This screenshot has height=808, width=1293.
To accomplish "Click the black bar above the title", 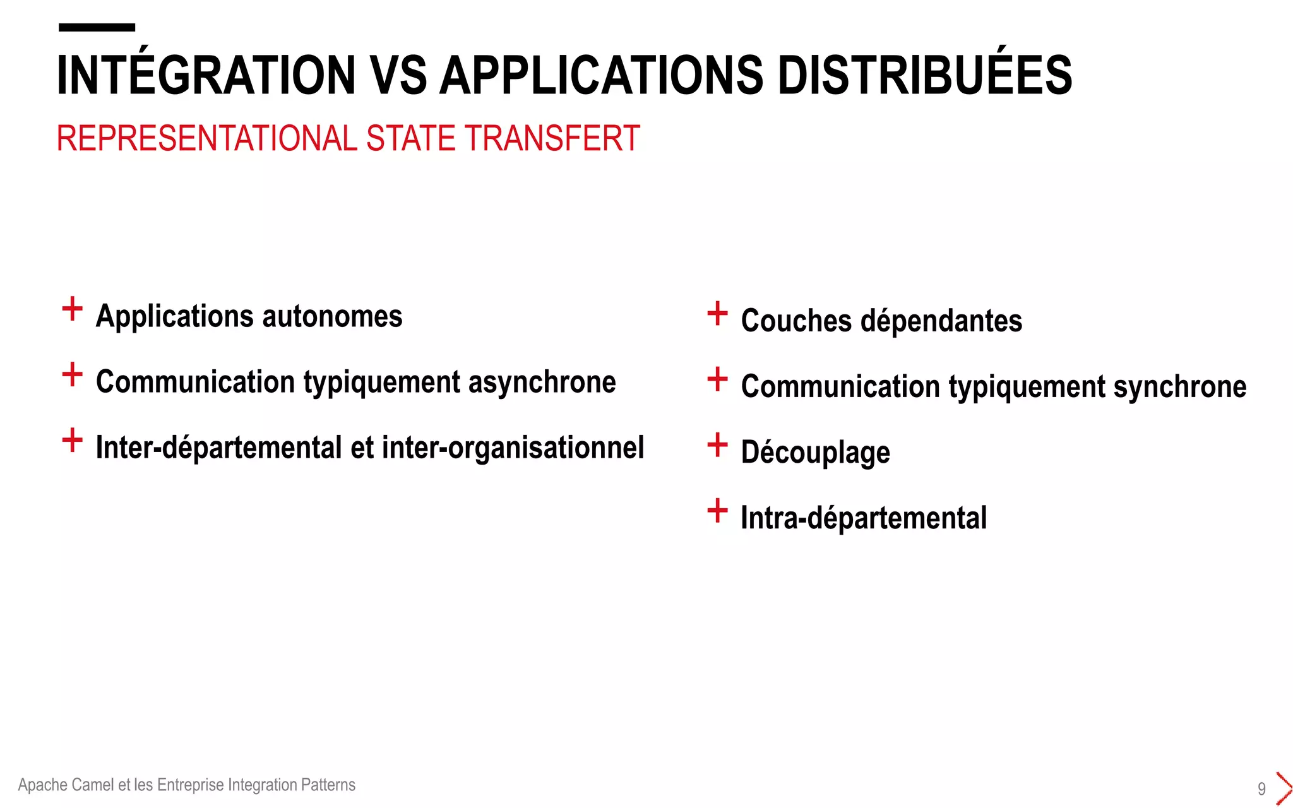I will pyautogui.click(x=97, y=27).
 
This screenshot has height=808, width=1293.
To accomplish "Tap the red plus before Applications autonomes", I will pyautogui.click(x=73, y=309).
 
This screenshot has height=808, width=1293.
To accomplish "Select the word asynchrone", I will pyautogui.click(x=542, y=382).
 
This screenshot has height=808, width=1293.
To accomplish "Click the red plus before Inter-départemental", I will pyautogui.click(x=73, y=441).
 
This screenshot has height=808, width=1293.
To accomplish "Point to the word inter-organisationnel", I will pyautogui.click(x=513, y=448).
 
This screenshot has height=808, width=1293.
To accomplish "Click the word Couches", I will pyautogui.click(x=796, y=321).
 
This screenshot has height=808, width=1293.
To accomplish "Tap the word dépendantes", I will pyautogui.click(x=941, y=321).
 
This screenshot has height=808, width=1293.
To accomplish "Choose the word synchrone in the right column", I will pyautogui.click(x=1179, y=386).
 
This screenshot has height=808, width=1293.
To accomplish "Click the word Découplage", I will pyautogui.click(x=815, y=453).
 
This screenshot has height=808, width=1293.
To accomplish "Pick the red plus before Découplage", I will pyautogui.click(x=717, y=445).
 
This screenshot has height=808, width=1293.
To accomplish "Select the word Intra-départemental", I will pyautogui.click(x=863, y=518).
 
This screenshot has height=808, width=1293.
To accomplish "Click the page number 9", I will pyautogui.click(x=1261, y=789).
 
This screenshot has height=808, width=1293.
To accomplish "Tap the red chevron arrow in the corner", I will pyautogui.click(x=1284, y=788).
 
